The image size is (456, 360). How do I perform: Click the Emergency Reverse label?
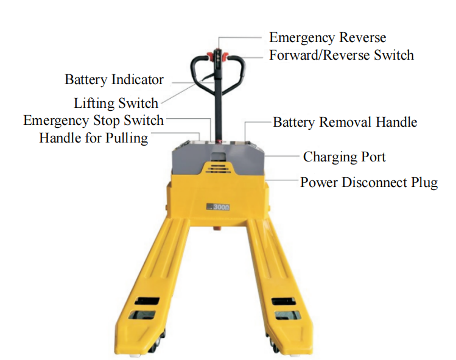pos(328,38)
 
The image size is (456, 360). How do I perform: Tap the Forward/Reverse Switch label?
pos(342,55)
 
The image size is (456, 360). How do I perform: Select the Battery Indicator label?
pos(114,80)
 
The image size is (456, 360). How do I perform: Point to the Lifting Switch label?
pos(116,104)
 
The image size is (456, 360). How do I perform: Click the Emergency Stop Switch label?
pos(93,121)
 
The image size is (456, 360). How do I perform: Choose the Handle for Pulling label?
pos(93,138)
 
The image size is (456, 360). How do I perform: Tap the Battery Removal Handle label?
pos(345,122)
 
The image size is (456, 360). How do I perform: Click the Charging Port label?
pos(345,157)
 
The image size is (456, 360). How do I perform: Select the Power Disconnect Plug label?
pos(369,183)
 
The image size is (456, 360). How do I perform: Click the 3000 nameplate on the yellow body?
pos(218,207)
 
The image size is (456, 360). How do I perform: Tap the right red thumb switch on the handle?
pos(225,55)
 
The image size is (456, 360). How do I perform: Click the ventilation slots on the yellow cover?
pos(218,168)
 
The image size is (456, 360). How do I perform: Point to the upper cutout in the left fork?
pos(147,301)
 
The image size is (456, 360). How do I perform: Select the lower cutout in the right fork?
pos(287,315)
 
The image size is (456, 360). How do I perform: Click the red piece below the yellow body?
pos(217,228)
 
